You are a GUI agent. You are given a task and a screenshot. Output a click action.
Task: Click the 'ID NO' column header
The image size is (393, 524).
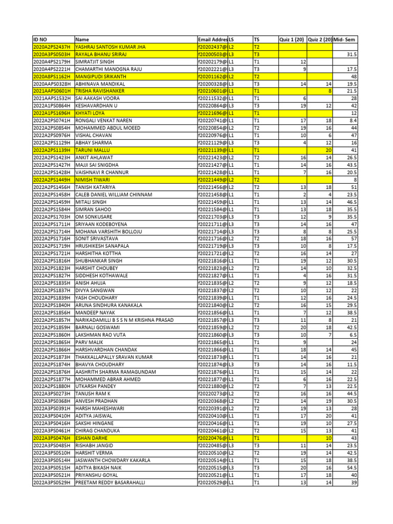(40, 39)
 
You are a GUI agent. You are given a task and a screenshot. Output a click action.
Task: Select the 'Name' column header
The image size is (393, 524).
(82, 39)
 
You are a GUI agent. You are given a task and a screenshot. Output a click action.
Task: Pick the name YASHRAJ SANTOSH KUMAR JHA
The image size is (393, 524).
(111, 47)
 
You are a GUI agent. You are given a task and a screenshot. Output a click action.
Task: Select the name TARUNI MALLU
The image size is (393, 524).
(92, 151)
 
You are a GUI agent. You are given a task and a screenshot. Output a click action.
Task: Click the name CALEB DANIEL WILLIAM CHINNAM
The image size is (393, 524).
(114, 194)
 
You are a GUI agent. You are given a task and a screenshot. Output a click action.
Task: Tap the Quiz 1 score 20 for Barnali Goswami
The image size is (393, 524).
(303, 327)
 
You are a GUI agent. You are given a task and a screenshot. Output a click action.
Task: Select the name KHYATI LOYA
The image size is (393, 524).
(90, 113)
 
